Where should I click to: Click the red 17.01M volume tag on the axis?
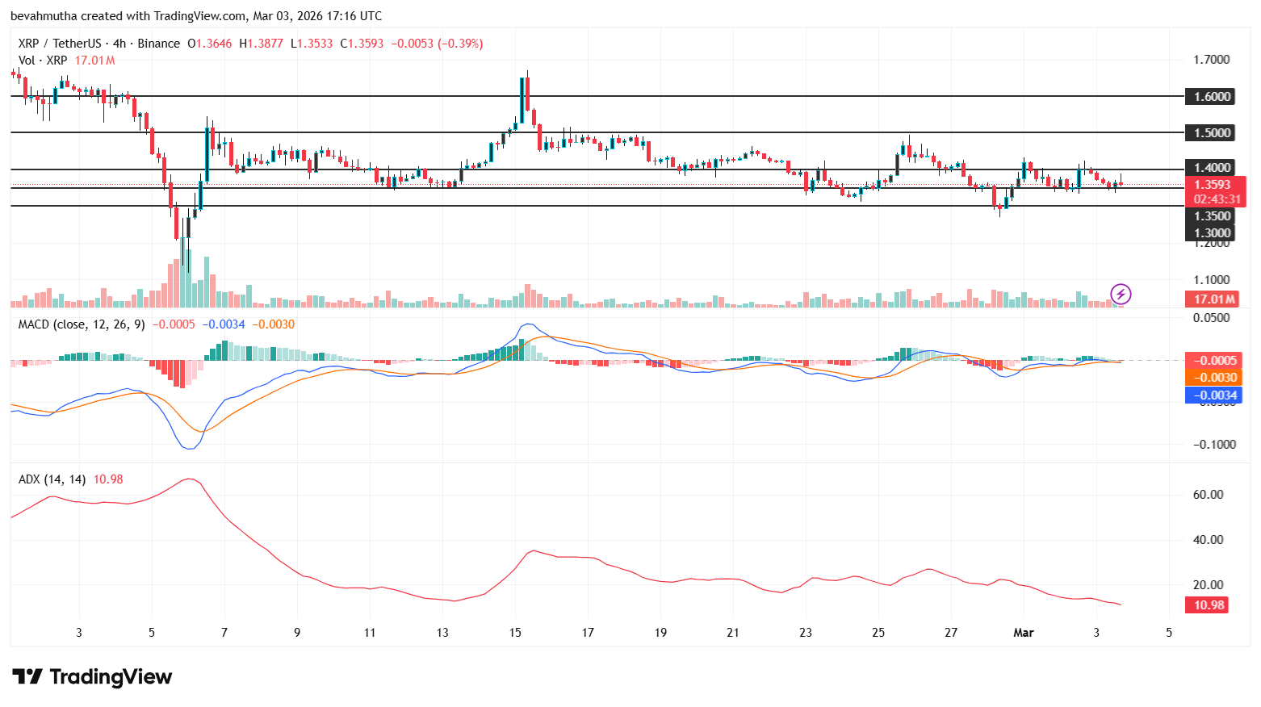pyautogui.click(x=1214, y=299)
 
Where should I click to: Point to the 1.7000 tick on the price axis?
pyautogui.click(x=1211, y=60)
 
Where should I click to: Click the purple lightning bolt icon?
pyautogui.click(x=1121, y=294)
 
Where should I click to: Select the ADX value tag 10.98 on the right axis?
pyautogui.click(x=1209, y=605)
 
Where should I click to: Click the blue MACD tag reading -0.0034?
pyautogui.click(x=1214, y=395)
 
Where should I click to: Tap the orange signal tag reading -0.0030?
pyautogui.click(x=1214, y=378)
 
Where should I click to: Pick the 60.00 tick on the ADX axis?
pyautogui.click(x=1208, y=495)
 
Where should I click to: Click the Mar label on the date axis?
pyautogui.click(x=1023, y=633)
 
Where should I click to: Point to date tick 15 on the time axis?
pyautogui.click(x=515, y=633)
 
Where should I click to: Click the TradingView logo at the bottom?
pyautogui.click(x=92, y=676)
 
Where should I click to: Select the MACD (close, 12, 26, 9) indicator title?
pyautogui.click(x=82, y=324)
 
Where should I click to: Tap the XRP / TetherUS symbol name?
pyautogui.click(x=60, y=44)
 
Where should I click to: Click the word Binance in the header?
pyautogui.click(x=158, y=44)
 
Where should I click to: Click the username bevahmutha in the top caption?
pyautogui.click(x=44, y=16)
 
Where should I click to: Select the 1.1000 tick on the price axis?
pyautogui.click(x=1211, y=280)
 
